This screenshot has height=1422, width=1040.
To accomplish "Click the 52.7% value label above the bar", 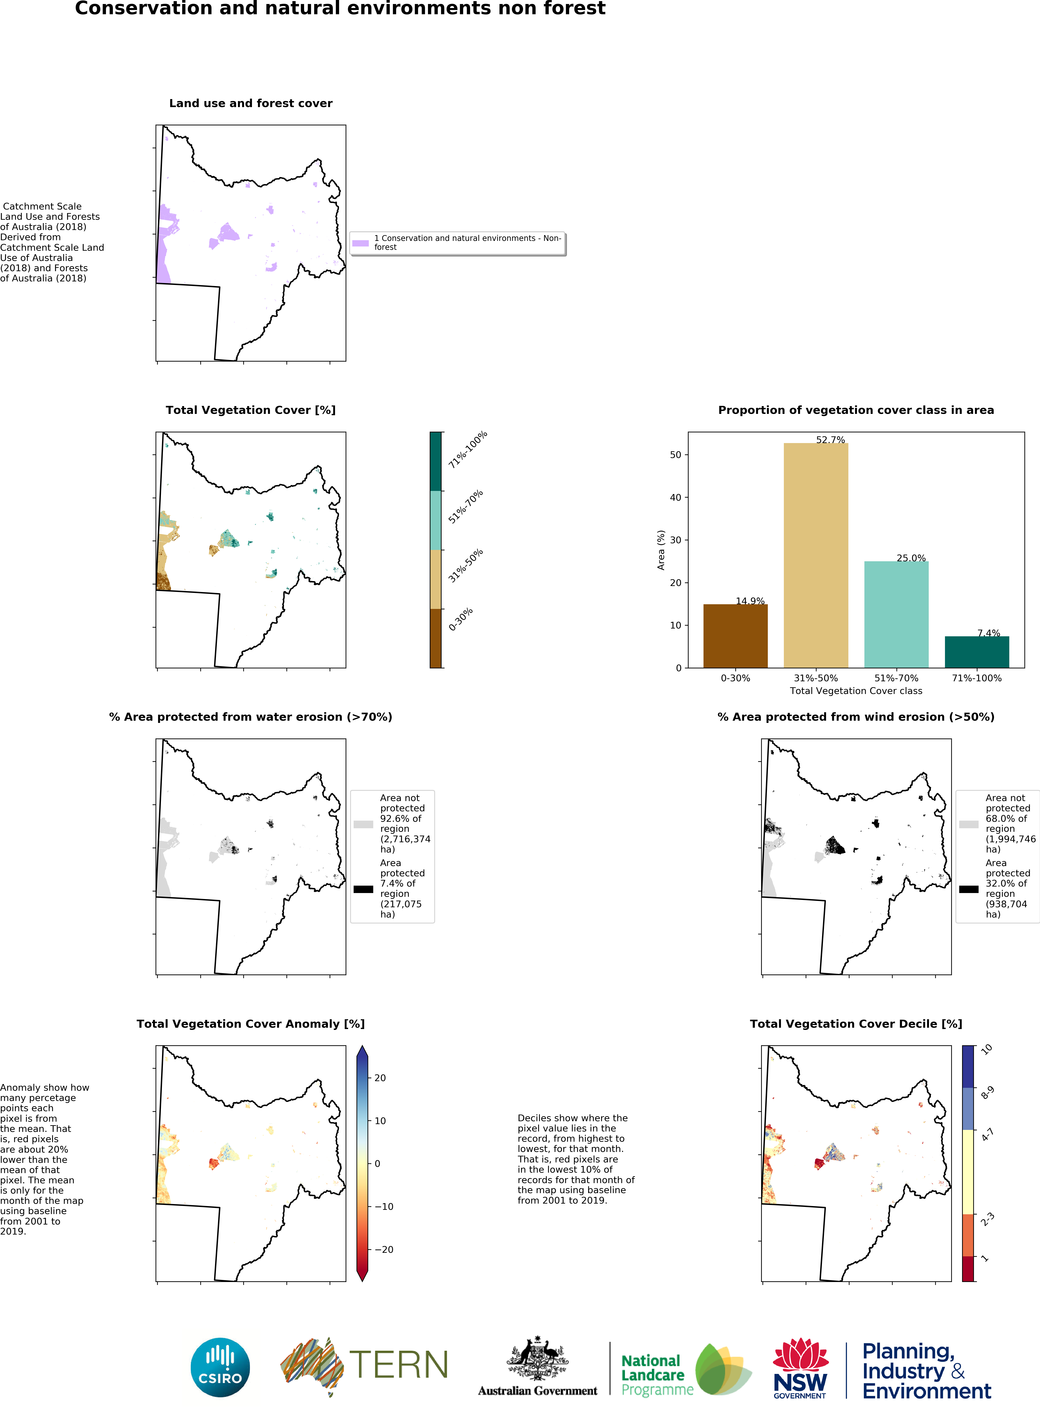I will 830,439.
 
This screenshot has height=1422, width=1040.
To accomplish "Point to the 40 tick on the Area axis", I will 675,498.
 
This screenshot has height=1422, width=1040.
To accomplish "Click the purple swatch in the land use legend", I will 360,243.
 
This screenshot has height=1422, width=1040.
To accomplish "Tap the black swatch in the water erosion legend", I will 363,889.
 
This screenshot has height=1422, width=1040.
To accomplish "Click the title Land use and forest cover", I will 251,103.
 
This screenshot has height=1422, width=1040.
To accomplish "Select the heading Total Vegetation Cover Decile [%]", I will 856,1024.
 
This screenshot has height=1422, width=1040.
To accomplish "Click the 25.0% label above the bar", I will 911,558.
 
